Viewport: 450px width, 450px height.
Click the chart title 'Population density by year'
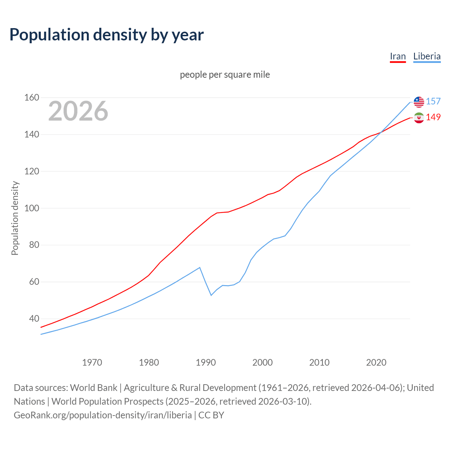pyautogui.click(x=107, y=34)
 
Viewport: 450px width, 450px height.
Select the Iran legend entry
pyautogui.click(x=398, y=57)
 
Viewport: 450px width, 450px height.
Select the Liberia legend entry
pyautogui.click(x=427, y=57)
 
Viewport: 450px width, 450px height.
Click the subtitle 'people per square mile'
pyautogui.click(x=225, y=75)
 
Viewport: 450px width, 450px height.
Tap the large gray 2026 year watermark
pyautogui.click(x=78, y=111)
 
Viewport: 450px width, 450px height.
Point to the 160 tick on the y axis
pyautogui.click(x=32, y=97)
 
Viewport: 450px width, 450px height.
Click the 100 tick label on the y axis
pyautogui.click(x=32, y=208)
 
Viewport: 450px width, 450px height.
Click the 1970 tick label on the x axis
pyautogui.click(x=92, y=362)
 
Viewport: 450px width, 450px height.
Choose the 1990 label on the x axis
pyautogui.click(x=206, y=362)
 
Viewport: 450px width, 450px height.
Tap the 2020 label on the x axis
pyautogui.click(x=376, y=362)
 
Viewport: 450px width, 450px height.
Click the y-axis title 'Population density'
pyautogui.click(x=15, y=218)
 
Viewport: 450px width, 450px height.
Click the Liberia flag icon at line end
pyautogui.click(x=419, y=102)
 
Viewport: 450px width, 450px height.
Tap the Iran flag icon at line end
pyautogui.click(x=419, y=117)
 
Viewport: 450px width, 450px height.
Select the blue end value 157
pyautogui.click(x=433, y=102)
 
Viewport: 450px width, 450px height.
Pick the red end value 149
pyautogui.click(x=433, y=117)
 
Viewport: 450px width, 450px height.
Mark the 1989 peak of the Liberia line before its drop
pyautogui.click(x=200, y=268)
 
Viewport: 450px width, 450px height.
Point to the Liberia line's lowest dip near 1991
pyautogui.click(x=211, y=295)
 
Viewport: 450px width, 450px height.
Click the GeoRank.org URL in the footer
pyautogui.click(x=103, y=415)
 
